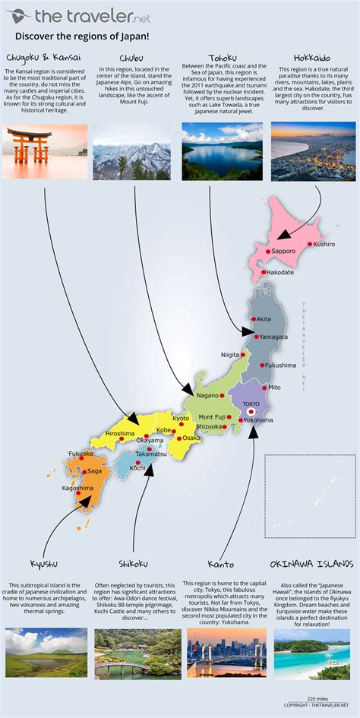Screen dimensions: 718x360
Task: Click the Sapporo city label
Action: click(x=284, y=250)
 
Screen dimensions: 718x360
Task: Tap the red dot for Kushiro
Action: click(x=310, y=244)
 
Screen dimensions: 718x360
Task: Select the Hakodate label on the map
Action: click(x=280, y=272)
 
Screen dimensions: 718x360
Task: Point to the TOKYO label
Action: click(x=251, y=403)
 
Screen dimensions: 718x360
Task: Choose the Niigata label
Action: click(x=229, y=355)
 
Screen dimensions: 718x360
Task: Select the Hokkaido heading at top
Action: click(x=312, y=57)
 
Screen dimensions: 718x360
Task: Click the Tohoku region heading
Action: click(x=222, y=58)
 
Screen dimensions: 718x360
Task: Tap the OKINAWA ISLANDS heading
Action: click(x=311, y=564)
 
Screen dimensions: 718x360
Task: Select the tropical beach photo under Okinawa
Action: click(x=311, y=653)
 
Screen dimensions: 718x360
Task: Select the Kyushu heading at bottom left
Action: click(x=43, y=564)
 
